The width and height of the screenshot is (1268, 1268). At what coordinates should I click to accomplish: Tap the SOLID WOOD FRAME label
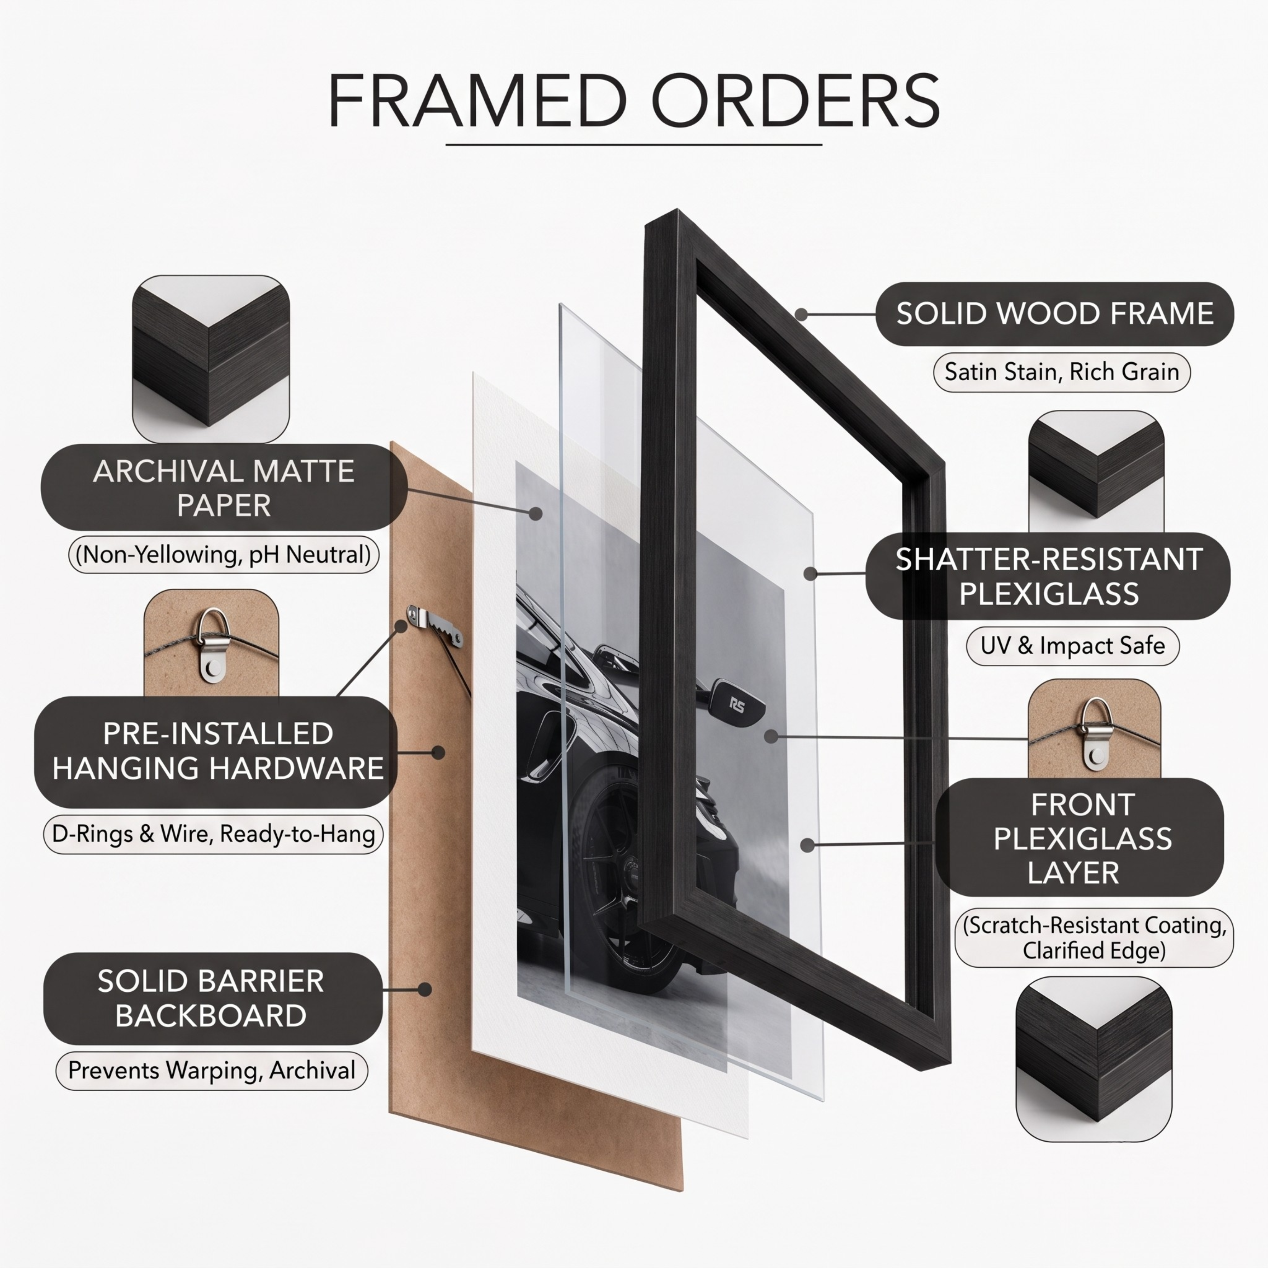[1055, 314]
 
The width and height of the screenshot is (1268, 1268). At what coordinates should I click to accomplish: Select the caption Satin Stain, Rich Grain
[1062, 372]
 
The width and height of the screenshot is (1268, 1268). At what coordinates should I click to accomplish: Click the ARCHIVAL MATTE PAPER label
[224, 488]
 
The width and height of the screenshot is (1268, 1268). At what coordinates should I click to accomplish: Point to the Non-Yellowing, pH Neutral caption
[224, 555]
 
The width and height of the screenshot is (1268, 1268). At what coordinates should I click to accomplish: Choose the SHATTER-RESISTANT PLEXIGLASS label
[1048, 576]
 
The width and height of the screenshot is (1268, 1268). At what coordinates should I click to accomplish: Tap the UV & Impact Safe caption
[1072, 646]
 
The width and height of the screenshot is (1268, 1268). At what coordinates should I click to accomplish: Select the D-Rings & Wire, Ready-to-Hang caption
[213, 834]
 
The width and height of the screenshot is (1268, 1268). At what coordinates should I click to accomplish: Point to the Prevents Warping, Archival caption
[211, 1071]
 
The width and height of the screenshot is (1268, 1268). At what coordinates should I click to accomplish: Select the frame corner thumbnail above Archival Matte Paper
[211, 359]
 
